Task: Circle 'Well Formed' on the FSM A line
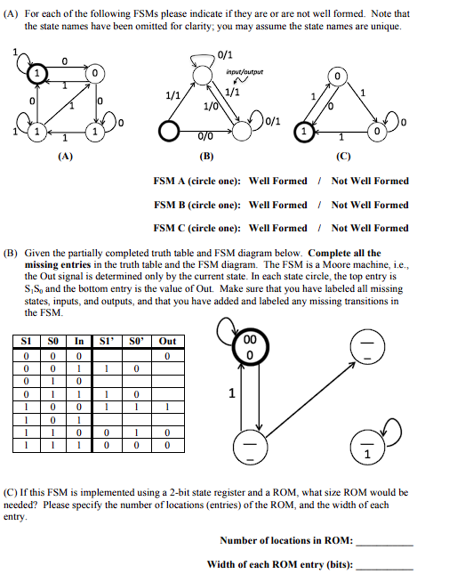pyautogui.click(x=277, y=181)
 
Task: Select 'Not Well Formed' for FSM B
pyautogui.click(x=370, y=205)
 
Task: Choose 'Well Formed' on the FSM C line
pyautogui.click(x=277, y=228)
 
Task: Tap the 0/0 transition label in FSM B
pyautogui.click(x=204, y=136)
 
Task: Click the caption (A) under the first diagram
pyautogui.click(x=64, y=155)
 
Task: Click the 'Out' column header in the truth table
pyautogui.click(x=167, y=341)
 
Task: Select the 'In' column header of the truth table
pyautogui.click(x=79, y=341)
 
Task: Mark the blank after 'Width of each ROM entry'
pyautogui.click(x=384, y=564)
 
